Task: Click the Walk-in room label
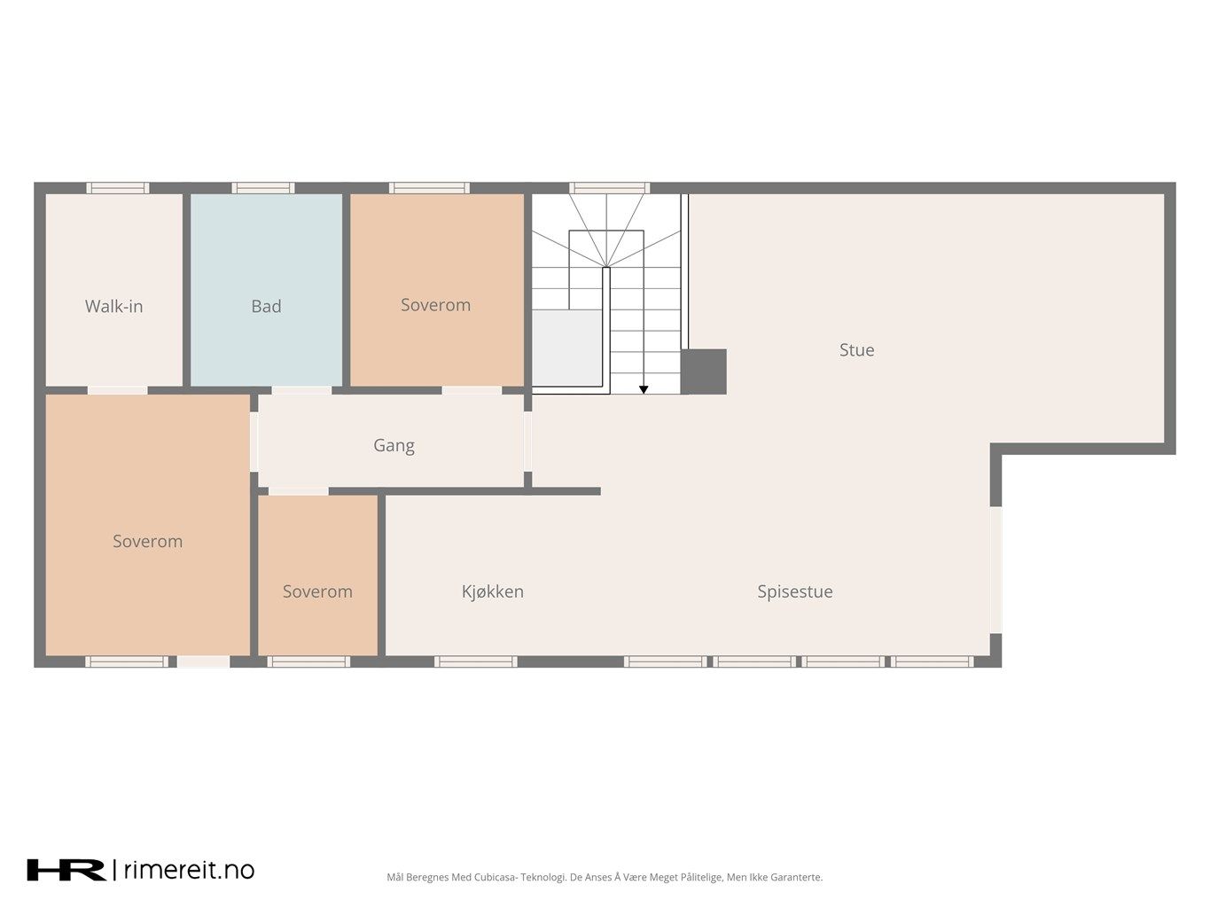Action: click(114, 306)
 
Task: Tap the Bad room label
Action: click(266, 306)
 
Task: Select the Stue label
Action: click(856, 350)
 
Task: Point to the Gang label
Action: click(394, 445)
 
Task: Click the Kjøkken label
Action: click(493, 591)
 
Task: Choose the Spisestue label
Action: click(795, 591)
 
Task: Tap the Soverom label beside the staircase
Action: click(435, 305)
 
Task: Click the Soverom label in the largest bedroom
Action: click(148, 542)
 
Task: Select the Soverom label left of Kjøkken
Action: click(317, 591)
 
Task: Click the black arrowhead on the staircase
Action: click(644, 390)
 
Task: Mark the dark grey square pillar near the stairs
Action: click(704, 372)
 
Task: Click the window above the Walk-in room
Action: click(117, 188)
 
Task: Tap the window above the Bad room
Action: click(263, 188)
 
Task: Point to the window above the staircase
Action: click(609, 188)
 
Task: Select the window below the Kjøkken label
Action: click(476, 661)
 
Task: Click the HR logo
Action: click(66, 870)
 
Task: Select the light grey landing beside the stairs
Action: click(566, 348)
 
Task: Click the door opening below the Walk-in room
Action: click(117, 390)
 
